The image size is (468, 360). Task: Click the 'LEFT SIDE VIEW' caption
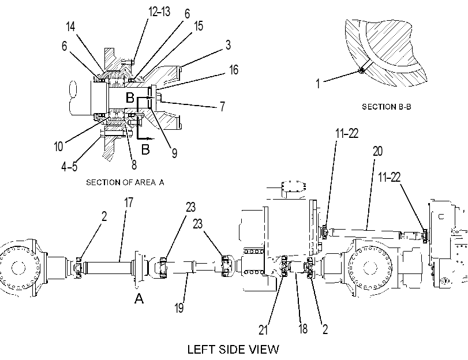point(233,349)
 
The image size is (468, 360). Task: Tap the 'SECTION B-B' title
point(387,107)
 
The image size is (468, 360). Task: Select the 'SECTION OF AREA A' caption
point(125,182)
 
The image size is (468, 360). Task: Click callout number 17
point(129,202)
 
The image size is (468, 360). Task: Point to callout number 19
point(179,307)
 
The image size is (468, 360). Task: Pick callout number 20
point(377,151)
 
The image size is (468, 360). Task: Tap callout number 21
point(263,330)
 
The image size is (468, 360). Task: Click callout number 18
point(302,329)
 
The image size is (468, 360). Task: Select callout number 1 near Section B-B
point(318,84)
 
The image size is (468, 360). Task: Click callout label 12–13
point(159,12)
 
